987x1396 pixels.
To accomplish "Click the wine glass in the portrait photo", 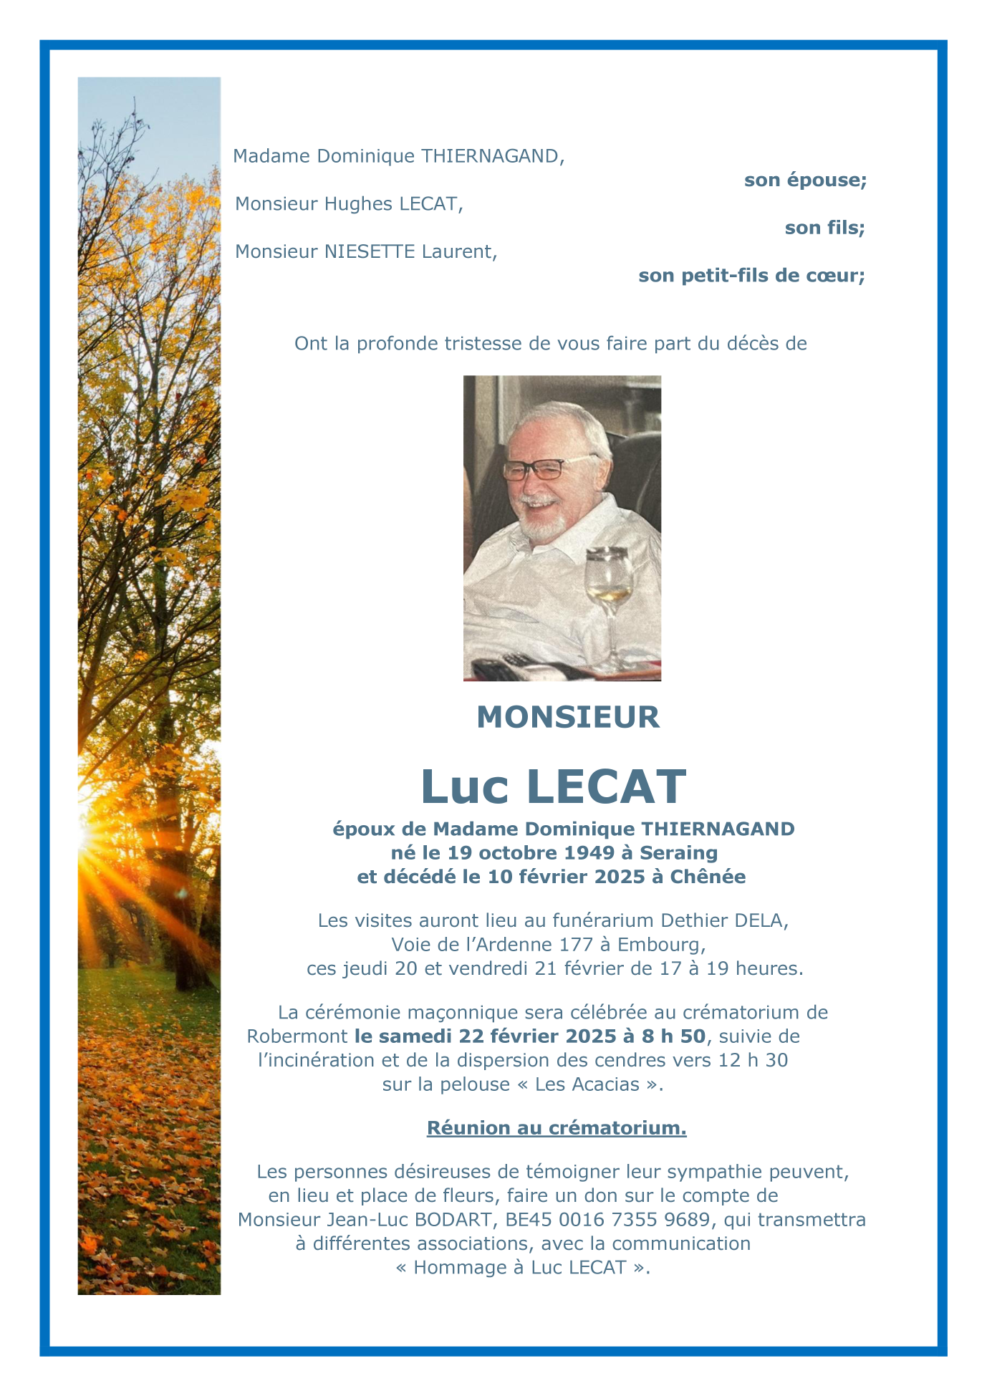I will [609, 587].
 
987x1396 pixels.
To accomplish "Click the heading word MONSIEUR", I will [568, 717].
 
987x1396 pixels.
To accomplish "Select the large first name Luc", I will [464, 786].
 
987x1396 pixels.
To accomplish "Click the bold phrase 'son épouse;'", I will [805, 180].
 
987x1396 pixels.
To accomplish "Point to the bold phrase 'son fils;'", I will [824, 228].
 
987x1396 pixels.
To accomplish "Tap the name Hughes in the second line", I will [358, 204].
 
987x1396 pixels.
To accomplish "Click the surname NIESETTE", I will [370, 252].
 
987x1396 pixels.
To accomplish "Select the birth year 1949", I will [589, 852].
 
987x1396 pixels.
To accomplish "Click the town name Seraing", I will [678, 852].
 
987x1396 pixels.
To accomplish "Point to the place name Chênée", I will [708, 877].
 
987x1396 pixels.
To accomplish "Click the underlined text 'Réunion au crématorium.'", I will [557, 1128].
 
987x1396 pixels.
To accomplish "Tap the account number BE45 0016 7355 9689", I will [607, 1219].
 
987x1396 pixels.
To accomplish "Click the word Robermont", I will [297, 1036].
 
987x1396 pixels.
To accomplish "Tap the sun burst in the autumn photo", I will [90, 835].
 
